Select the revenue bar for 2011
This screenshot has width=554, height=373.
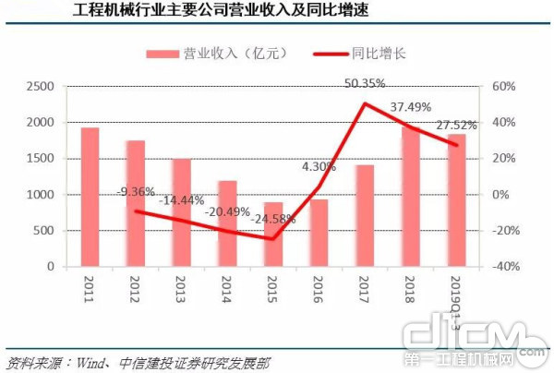click(x=90, y=197)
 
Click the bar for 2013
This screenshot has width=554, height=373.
click(x=181, y=212)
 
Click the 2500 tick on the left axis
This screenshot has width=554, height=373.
click(x=43, y=86)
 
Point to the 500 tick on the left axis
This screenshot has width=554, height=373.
click(x=48, y=231)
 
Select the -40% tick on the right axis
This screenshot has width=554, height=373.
click(x=506, y=267)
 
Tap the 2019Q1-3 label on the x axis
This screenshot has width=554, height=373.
click(x=454, y=298)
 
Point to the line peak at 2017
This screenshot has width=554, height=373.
click(x=365, y=102)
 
